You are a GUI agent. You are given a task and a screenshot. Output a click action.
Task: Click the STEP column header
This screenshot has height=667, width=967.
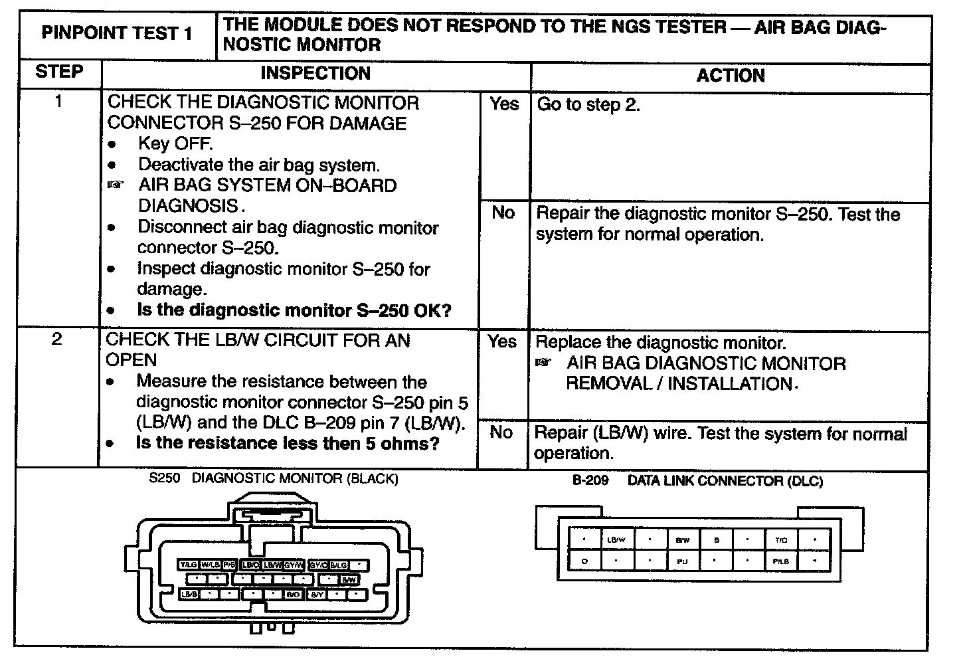pos(59,72)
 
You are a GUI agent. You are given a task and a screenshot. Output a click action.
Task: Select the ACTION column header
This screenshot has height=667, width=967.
pos(730,76)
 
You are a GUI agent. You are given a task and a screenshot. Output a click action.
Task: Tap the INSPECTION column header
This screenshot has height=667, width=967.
pos(315,73)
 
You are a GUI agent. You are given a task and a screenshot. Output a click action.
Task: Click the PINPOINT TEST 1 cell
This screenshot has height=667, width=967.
pos(117,33)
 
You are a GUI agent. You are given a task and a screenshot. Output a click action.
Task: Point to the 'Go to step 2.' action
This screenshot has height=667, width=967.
pos(588,104)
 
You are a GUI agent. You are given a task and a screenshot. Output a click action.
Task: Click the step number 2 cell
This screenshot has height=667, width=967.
pos(57,339)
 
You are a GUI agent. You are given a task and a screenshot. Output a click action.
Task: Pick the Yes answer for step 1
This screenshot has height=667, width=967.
pos(504,104)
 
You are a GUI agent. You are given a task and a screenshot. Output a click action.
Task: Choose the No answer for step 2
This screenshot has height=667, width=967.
pos(501,432)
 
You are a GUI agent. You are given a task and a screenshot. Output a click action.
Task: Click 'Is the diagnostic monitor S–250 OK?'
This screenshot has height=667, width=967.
pos(294,310)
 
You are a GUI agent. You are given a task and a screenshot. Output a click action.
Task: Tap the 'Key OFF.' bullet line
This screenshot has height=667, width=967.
pos(175,143)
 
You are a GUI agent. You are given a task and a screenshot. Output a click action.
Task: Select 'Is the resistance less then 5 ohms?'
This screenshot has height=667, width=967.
pos(288,443)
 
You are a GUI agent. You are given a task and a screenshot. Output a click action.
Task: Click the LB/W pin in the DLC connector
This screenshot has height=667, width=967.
pos(616,540)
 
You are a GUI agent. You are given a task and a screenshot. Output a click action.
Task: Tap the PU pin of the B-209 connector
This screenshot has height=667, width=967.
pos(682,561)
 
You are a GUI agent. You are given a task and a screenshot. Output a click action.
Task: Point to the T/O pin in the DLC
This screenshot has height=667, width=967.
pos(781,540)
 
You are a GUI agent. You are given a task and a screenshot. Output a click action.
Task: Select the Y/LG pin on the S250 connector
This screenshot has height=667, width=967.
pos(188,565)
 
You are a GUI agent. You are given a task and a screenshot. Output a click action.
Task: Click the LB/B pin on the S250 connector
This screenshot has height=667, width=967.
pos(189,595)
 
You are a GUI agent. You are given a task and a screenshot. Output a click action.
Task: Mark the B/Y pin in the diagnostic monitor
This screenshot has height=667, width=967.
pos(317,595)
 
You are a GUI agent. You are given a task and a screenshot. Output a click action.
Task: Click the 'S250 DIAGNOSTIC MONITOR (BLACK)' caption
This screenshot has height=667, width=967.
pos(274,478)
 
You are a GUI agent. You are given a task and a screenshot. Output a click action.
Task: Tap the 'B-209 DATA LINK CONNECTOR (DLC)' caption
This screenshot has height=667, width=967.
pos(697,480)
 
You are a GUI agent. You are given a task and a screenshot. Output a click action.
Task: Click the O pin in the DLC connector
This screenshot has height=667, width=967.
pos(584,561)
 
